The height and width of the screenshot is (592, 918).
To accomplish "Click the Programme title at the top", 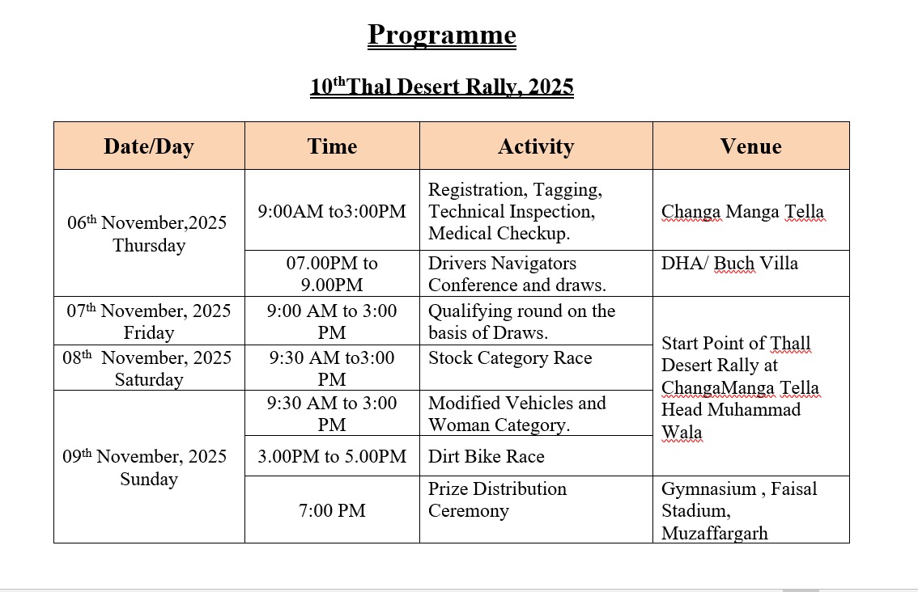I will (441, 35).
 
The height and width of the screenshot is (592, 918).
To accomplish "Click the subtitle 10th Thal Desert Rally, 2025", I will (441, 87).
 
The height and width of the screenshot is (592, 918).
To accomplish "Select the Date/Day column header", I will (149, 146).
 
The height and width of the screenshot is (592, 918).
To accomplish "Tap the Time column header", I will (332, 146).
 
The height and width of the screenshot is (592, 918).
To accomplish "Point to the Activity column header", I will (536, 146).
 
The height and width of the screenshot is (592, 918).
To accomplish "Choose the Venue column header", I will (750, 146).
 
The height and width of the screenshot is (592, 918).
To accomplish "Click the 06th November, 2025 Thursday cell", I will (149, 234).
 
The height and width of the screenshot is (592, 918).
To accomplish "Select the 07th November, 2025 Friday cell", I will (149, 321).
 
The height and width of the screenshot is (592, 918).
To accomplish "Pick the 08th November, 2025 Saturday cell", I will (149, 368).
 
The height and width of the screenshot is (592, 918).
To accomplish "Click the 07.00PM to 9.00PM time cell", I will (332, 273).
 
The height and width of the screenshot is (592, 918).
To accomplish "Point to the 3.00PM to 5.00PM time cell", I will (332, 456).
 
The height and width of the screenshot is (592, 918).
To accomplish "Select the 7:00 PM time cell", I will (332, 510).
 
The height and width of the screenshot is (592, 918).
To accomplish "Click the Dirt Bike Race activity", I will (486, 456).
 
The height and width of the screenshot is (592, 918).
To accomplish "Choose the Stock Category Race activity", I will (510, 358).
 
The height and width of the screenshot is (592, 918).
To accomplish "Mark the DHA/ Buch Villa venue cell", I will (729, 263).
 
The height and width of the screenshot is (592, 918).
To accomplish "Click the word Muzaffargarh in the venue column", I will (714, 533).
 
